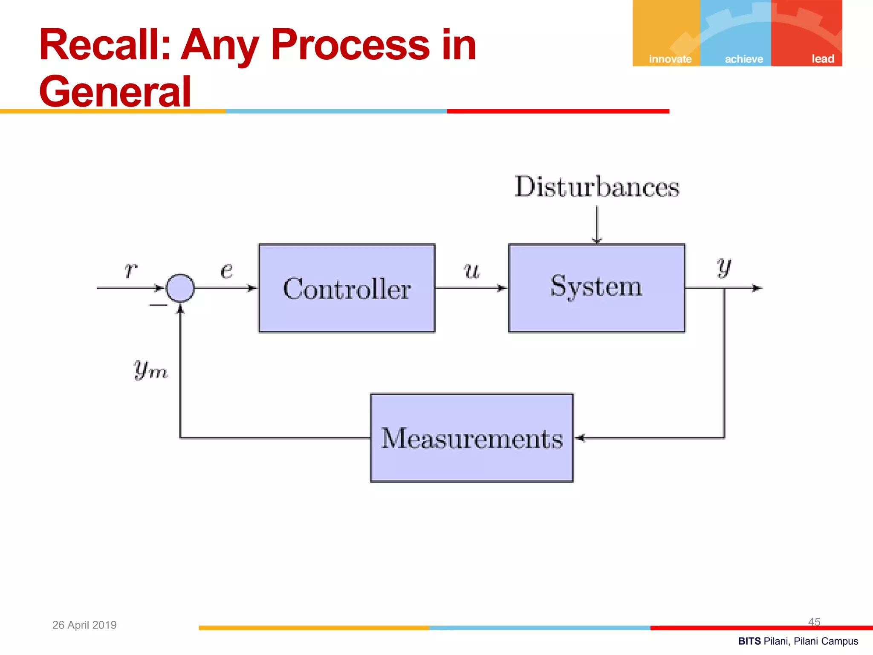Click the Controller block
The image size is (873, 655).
click(347, 288)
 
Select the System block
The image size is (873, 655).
click(596, 288)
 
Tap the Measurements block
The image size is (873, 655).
click(471, 438)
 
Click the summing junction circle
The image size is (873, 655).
click(180, 288)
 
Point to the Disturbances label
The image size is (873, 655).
click(597, 187)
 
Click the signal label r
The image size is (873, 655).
click(130, 270)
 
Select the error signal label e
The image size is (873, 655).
click(227, 270)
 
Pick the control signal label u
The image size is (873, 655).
click(472, 270)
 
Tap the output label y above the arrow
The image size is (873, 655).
click(724, 267)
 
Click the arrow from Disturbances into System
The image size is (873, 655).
click(597, 225)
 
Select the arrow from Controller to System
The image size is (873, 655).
click(471, 288)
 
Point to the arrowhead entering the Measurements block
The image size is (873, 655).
click(580, 438)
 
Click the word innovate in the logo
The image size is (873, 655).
click(670, 59)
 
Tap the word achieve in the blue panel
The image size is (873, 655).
click(744, 59)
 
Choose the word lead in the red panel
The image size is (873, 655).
click(822, 59)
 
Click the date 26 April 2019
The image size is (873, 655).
click(84, 625)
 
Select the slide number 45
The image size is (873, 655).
click(814, 622)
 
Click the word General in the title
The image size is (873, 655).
click(115, 91)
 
